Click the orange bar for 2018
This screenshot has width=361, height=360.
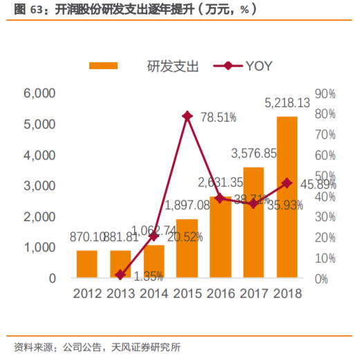(x=287, y=198)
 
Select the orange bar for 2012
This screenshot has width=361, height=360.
(x=87, y=265)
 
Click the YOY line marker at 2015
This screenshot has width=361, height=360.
(x=187, y=116)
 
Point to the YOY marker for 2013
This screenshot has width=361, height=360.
(x=120, y=275)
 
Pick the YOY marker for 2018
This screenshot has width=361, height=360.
(x=287, y=183)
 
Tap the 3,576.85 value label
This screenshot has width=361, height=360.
(x=254, y=153)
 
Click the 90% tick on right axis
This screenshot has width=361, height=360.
(x=324, y=93)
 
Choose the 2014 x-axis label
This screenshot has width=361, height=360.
(x=154, y=294)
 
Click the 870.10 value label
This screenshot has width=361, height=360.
(x=86, y=237)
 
